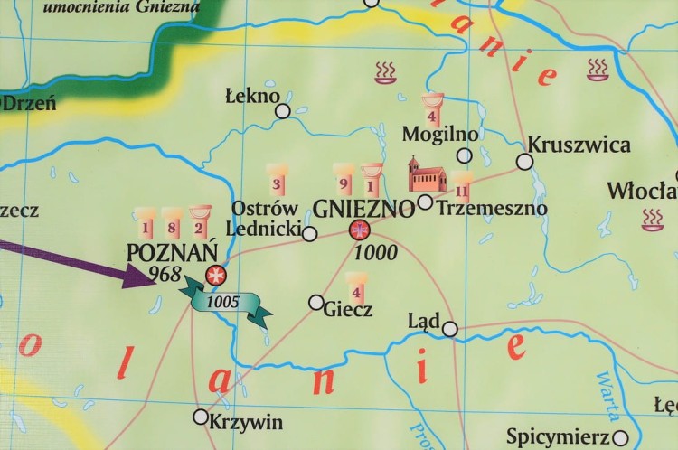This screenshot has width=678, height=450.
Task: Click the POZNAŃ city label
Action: click(172, 252)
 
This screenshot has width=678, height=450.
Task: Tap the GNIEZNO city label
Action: click(363, 208)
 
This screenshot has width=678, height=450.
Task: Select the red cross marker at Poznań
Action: click(215, 275)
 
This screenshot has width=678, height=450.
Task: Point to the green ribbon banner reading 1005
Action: click(226, 301)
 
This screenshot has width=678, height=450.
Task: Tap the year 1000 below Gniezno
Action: click(375, 253)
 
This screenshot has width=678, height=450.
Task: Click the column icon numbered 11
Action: click(462, 187)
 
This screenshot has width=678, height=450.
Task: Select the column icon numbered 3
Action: click(278, 181)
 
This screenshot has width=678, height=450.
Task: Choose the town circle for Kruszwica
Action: click(524, 162)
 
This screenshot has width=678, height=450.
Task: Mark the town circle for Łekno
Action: click(283, 111)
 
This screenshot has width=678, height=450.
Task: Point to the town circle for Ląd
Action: click(449, 329)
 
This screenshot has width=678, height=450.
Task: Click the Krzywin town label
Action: click(245, 422)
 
